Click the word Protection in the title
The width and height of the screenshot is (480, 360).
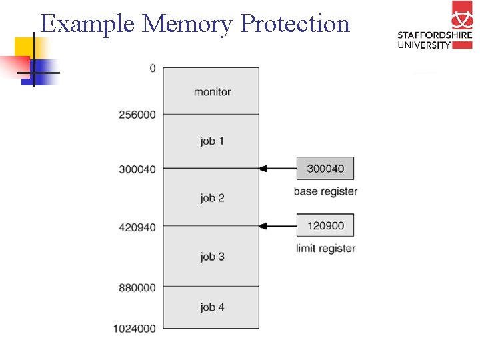coord(295,24)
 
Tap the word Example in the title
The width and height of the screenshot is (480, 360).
coord(89,24)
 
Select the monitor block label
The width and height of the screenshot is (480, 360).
coord(212,92)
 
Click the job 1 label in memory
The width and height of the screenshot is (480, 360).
coord(212,141)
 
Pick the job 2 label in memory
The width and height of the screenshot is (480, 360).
coord(212,198)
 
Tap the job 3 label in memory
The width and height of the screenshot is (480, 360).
coord(212,257)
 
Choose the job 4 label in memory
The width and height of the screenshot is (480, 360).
coord(212,307)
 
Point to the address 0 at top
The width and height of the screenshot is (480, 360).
coord(153,68)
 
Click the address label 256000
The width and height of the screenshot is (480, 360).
coord(137,115)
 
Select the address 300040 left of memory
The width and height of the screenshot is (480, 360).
coord(137,169)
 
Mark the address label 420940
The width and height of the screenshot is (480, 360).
coord(137,227)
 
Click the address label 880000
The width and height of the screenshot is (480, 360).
coord(137,287)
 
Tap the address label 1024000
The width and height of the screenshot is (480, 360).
coord(135,328)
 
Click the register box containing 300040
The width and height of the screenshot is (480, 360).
coord(325,169)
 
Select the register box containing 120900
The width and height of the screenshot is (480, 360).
coord(325,225)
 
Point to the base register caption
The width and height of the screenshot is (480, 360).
coord(325,191)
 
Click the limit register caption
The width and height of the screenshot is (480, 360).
coord(325,249)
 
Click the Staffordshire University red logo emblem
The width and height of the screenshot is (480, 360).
coord(461,15)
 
